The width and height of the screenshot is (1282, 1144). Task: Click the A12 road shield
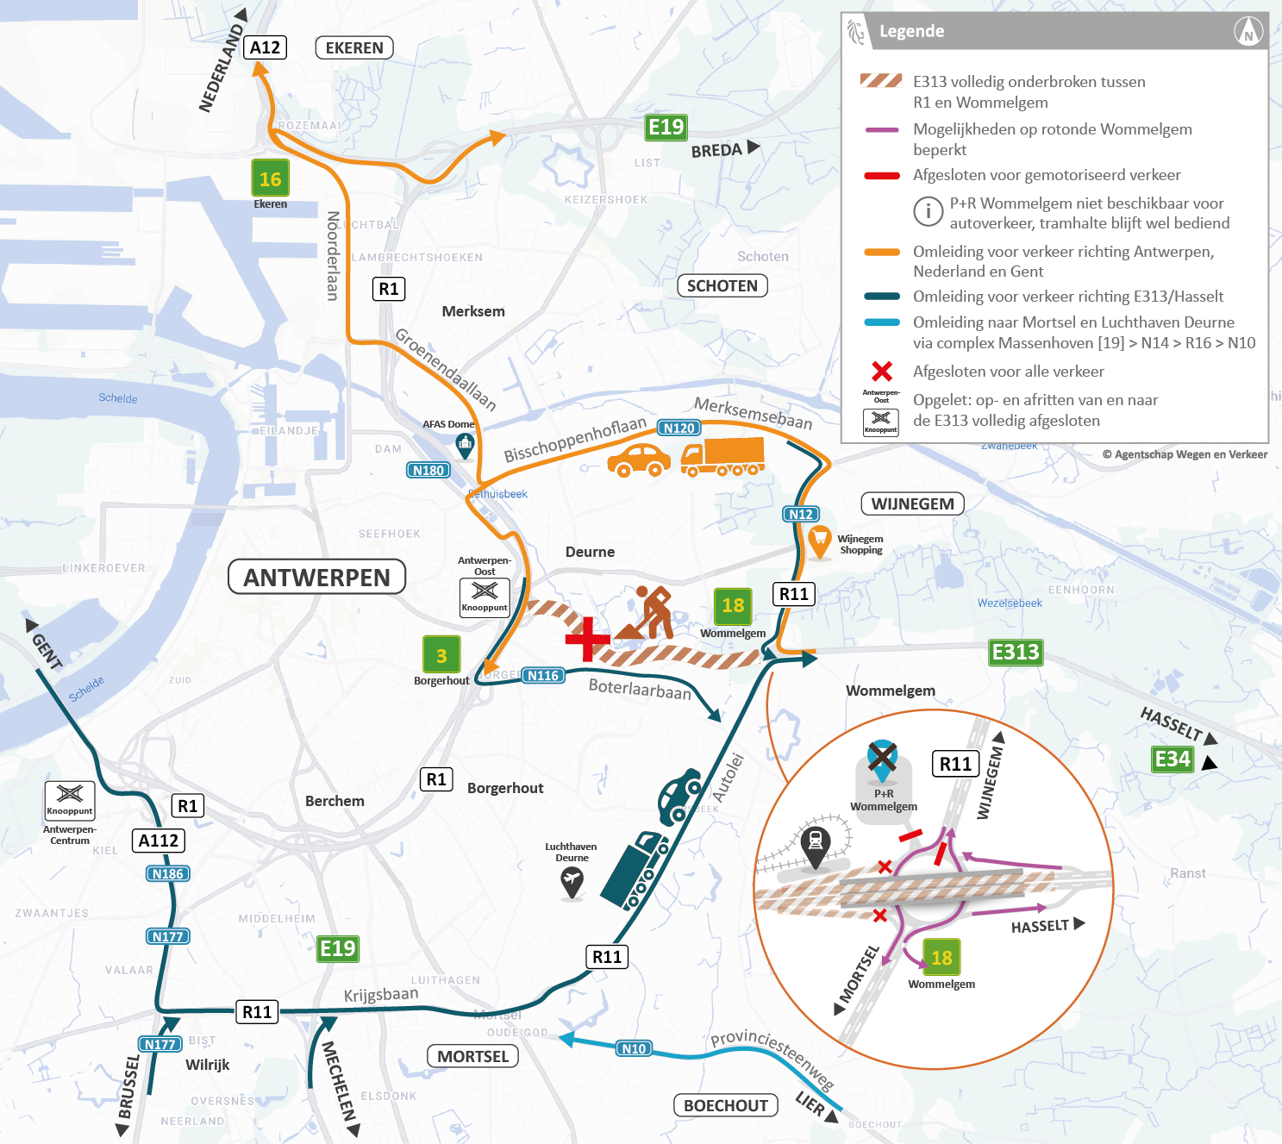pyautogui.click(x=265, y=47)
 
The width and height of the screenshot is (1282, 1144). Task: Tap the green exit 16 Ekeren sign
pyautogui.click(x=270, y=178)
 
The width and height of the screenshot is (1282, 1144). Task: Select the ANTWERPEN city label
pyautogui.click(x=316, y=577)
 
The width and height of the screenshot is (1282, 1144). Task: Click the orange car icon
pyautogui.click(x=639, y=460)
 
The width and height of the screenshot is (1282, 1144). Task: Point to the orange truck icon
pyautogui.click(x=722, y=457)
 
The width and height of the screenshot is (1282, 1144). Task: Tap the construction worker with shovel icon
pyautogui.click(x=647, y=613)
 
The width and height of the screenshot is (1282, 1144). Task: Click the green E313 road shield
pyautogui.click(x=1016, y=652)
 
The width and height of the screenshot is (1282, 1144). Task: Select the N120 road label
pyautogui.click(x=679, y=428)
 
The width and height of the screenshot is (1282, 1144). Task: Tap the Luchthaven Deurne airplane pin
pyautogui.click(x=572, y=882)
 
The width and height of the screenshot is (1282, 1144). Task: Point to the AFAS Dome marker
pyautogui.click(x=465, y=445)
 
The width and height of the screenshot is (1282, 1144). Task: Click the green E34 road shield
pyautogui.click(x=1173, y=759)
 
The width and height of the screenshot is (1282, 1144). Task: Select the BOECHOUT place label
pyautogui.click(x=725, y=1105)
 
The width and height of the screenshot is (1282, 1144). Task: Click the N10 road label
pyautogui.click(x=634, y=1048)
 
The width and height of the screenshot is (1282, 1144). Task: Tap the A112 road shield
pyautogui.click(x=159, y=841)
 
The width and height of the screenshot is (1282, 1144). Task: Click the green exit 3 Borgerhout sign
pyautogui.click(x=441, y=655)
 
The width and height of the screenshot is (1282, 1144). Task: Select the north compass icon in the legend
pyautogui.click(x=1248, y=32)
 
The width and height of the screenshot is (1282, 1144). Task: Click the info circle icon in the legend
pyautogui.click(x=928, y=210)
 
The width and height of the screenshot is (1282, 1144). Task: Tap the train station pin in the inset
pyautogui.click(x=815, y=843)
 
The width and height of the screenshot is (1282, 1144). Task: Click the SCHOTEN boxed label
pyautogui.click(x=722, y=285)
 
